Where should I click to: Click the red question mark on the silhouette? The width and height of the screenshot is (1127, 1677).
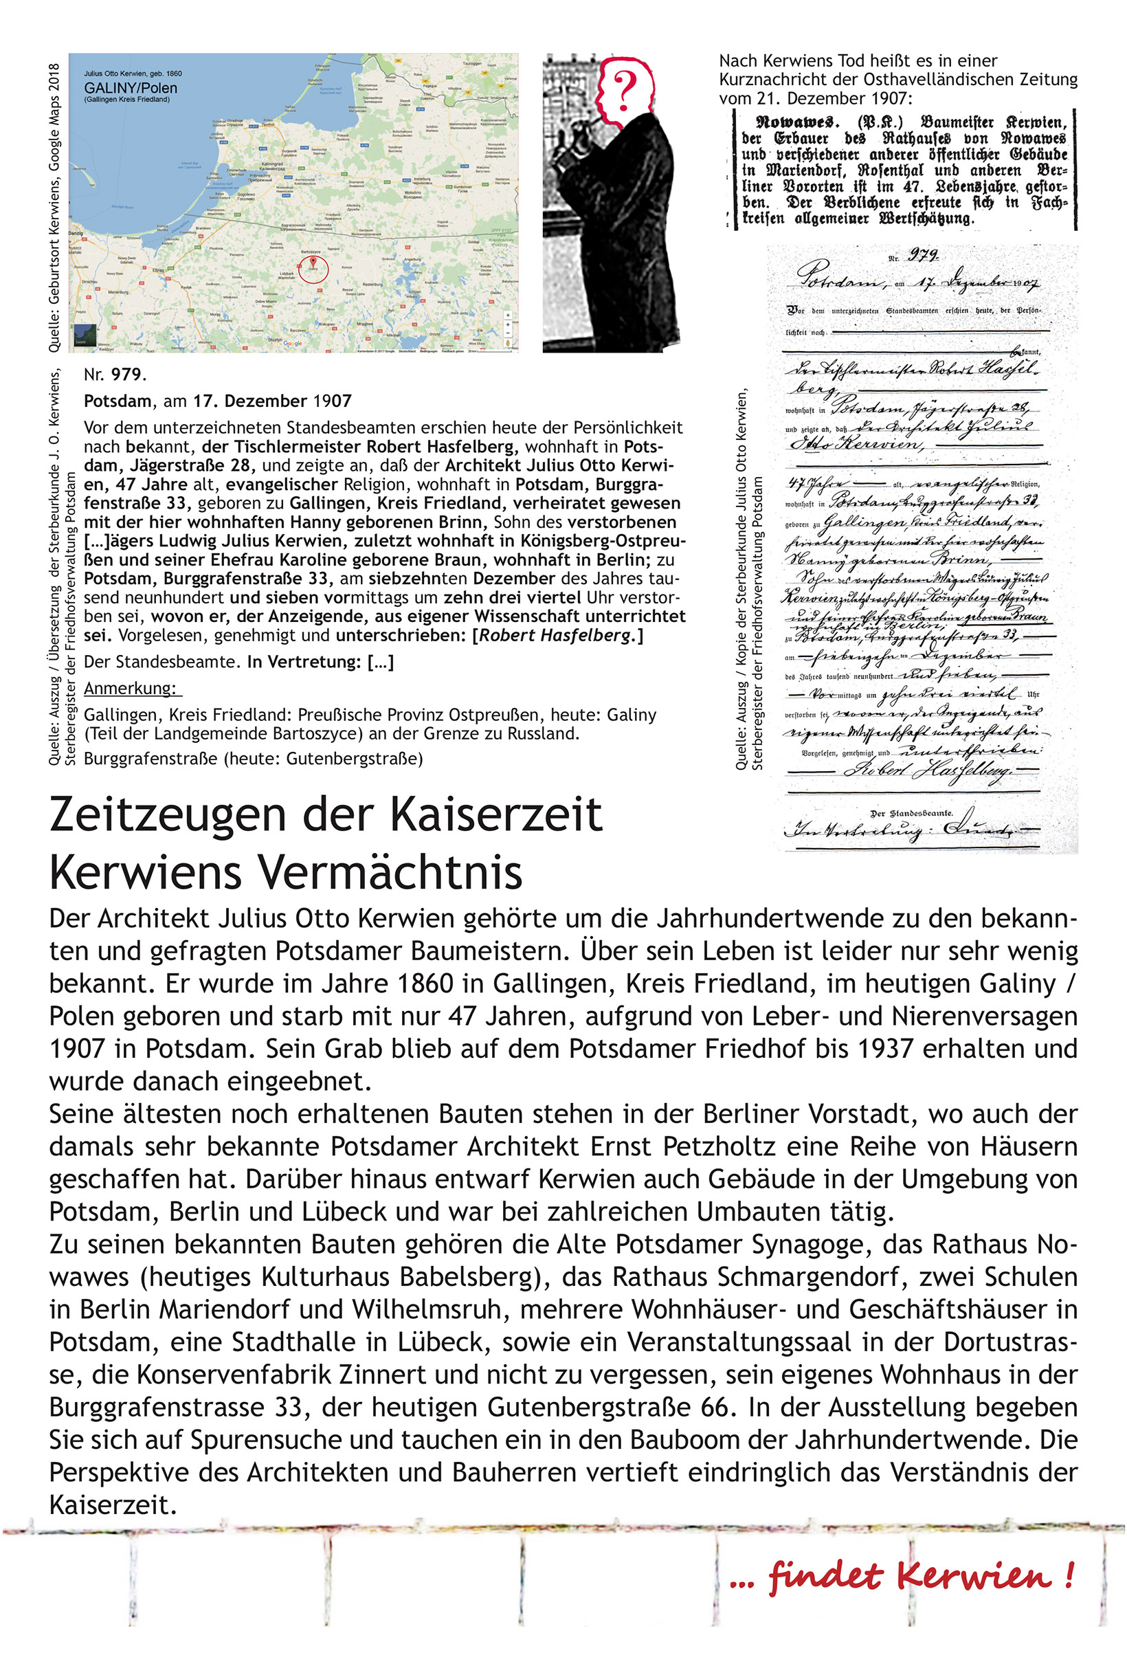(624, 91)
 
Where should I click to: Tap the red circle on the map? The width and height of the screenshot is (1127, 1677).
(313, 269)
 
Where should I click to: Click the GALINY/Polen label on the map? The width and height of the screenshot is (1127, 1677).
(130, 89)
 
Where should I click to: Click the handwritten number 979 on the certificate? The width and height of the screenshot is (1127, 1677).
(924, 254)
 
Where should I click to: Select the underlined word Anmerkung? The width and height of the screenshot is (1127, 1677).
(131, 688)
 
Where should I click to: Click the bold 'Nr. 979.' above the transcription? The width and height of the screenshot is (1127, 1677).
(115, 375)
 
